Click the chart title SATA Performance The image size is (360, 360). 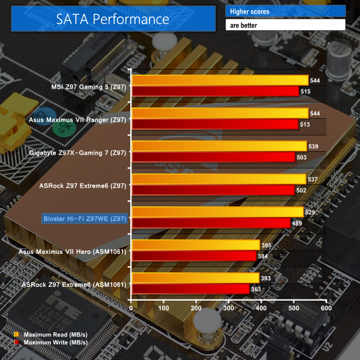click(x=113, y=19)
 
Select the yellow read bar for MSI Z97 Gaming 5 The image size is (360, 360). click(x=220, y=80)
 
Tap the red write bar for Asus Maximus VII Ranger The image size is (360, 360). click(x=215, y=124)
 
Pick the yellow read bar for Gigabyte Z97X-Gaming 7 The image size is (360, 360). click(x=219, y=146)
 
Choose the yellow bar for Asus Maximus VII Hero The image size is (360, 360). click(x=196, y=245)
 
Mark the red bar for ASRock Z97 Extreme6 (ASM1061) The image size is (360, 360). click(x=190, y=289)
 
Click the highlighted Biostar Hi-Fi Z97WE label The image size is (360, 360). click(x=85, y=218)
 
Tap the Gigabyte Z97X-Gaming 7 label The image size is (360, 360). click(x=78, y=152)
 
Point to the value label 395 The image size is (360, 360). click(x=268, y=245)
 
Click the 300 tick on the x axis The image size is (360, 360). click(x=229, y=308)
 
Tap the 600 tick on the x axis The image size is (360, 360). click(x=326, y=308)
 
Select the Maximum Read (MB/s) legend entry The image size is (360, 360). click(x=52, y=334)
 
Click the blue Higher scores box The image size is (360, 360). click(x=285, y=11)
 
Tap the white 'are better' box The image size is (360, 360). click(x=285, y=25)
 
